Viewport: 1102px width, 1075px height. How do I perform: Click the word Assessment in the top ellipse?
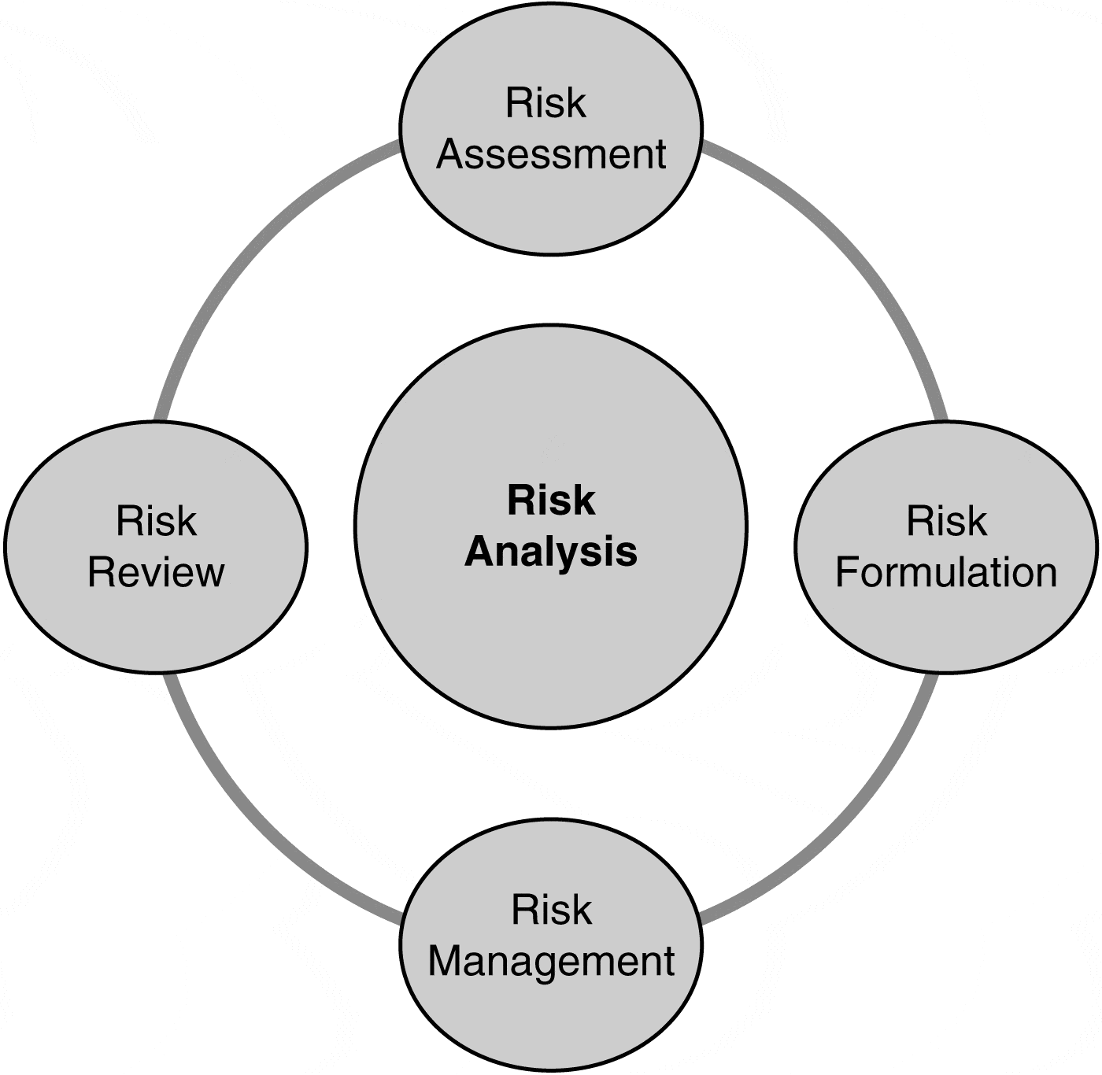551,154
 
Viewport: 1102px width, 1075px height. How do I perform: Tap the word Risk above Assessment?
545,103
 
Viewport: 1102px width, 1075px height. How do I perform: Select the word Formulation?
945,572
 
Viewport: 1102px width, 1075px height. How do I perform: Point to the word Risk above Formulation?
946,521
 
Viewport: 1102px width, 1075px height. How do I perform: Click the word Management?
551,962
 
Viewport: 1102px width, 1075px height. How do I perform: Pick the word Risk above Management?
551,911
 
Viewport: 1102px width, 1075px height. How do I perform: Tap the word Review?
156,572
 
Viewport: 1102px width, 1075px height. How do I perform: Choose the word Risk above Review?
156,521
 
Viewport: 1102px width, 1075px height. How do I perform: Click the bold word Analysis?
551,552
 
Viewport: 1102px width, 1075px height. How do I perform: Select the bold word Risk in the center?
551,501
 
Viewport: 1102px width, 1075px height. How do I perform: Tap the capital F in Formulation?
845,572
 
